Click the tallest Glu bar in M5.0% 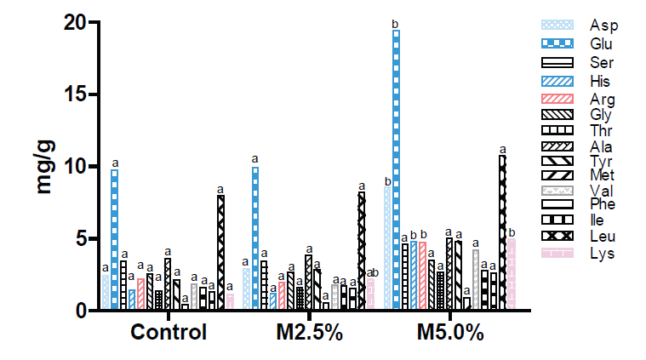pyautogui.click(x=396, y=170)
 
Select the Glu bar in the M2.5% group pyautogui.click(x=255, y=238)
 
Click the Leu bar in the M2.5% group pyautogui.click(x=361, y=251)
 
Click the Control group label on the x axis pyautogui.click(x=169, y=332)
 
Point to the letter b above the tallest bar pyautogui.click(x=396, y=24)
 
